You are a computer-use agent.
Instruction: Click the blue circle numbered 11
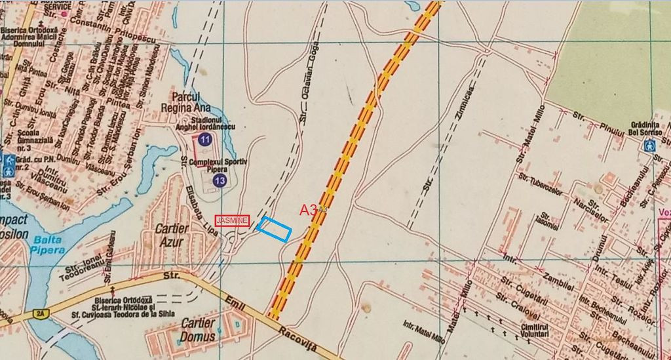click(x=204, y=139)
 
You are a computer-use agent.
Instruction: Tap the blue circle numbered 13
click(x=220, y=180)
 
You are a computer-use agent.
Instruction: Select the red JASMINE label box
click(x=233, y=220)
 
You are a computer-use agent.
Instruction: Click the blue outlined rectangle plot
click(x=274, y=228)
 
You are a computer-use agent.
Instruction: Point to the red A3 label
click(x=309, y=210)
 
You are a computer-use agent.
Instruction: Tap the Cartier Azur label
click(x=172, y=235)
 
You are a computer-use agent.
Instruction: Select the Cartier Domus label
click(x=197, y=330)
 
